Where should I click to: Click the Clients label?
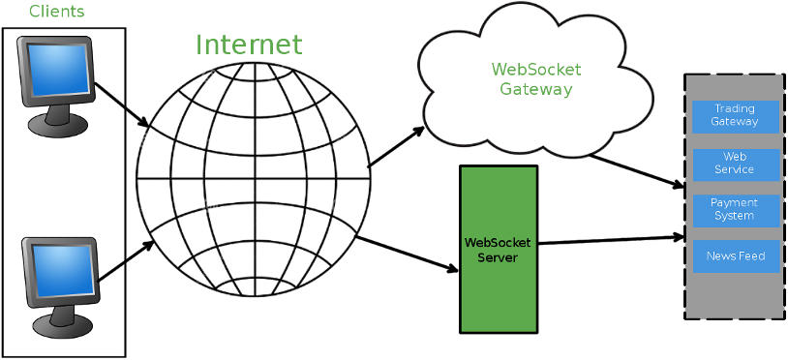(x=57, y=13)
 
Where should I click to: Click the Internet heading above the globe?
(x=249, y=45)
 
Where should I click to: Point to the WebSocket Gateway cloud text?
(x=535, y=79)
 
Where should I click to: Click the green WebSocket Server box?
(x=498, y=250)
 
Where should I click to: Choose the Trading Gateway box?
(x=735, y=115)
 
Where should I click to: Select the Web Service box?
(x=735, y=163)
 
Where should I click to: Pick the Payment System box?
(x=735, y=209)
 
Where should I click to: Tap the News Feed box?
(x=735, y=256)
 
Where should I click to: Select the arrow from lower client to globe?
(x=126, y=261)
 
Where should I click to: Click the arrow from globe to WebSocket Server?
(x=407, y=254)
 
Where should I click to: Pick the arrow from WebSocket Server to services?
(x=610, y=239)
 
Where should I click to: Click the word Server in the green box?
(x=498, y=258)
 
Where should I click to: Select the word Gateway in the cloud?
(x=535, y=90)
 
